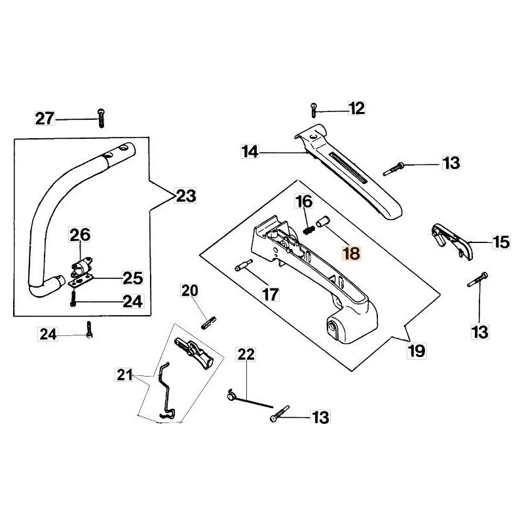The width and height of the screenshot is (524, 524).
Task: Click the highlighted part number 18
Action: point(352,253)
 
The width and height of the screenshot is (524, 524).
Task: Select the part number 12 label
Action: point(356,108)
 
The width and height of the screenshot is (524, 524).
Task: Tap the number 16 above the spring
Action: point(304,201)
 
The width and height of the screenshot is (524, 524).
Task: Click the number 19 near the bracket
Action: point(417,350)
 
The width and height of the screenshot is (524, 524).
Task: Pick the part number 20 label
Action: point(189,290)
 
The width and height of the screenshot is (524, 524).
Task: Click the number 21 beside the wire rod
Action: point(124,375)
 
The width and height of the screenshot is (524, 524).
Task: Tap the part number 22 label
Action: point(246,354)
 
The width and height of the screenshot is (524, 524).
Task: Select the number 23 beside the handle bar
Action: point(186,195)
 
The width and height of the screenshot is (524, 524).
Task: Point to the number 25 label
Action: point(133,278)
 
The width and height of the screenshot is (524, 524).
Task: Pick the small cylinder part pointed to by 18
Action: point(321,223)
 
